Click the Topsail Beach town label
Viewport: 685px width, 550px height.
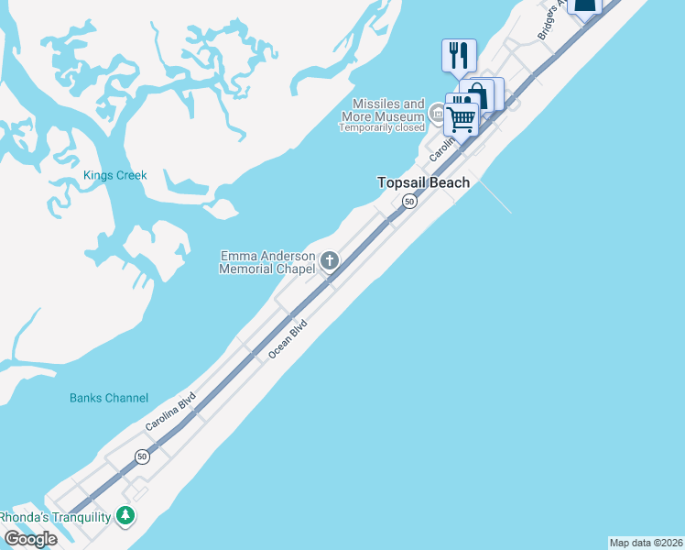click(424, 182)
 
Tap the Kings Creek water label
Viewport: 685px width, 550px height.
click(114, 175)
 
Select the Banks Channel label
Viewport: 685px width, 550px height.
click(109, 398)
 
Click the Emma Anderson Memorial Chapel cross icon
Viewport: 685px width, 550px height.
click(330, 262)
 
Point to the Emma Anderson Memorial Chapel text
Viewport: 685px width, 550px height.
click(267, 262)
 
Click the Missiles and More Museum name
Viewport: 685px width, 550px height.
click(383, 110)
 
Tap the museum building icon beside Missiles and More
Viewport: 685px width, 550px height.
click(438, 115)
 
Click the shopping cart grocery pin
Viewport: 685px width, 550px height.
click(462, 115)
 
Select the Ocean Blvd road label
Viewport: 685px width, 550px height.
click(287, 338)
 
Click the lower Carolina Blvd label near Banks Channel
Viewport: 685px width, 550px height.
click(170, 412)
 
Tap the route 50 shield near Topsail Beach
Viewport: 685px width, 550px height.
click(409, 201)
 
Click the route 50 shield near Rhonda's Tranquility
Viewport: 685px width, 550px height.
click(142, 456)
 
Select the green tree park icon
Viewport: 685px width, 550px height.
click(126, 516)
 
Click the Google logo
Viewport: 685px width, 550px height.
click(30, 538)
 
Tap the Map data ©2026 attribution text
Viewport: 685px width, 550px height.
click(646, 543)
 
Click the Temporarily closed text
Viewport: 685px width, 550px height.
click(382, 127)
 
